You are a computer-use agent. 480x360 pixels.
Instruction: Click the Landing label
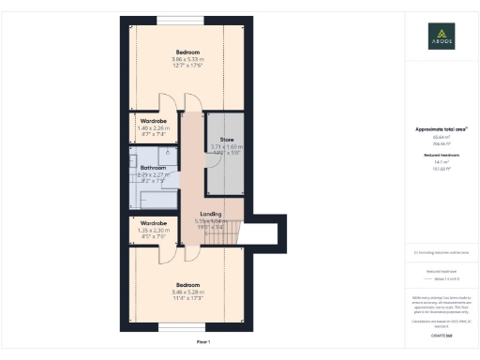click(210, 214)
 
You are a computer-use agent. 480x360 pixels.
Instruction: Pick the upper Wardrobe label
click(154, 121)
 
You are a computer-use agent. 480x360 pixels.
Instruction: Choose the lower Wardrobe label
click(153, 223)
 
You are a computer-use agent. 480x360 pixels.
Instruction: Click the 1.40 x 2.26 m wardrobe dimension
click(153, 128)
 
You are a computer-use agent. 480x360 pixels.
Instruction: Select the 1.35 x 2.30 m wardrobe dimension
click(153, 231)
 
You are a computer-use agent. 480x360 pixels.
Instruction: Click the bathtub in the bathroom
click(158, 198)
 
